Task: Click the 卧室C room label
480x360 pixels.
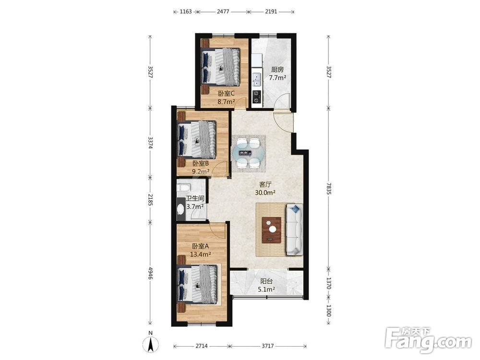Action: (226, 93)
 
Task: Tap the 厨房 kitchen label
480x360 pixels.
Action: (277, 70)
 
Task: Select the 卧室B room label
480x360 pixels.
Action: (201, 164)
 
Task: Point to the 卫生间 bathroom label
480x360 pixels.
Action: (195, 199)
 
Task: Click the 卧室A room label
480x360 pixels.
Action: (201, 246)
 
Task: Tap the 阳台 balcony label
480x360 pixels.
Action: (266, 281)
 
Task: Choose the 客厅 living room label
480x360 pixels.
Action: (265, 184)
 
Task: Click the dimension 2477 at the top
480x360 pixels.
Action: (223, 12)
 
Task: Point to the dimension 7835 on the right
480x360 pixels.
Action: (328, 188)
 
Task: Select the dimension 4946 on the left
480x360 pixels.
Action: (150, 273)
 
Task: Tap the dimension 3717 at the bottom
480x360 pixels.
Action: (267, 346)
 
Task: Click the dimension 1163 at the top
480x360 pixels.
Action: (185, 12)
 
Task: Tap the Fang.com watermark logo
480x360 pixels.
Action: (428, 340)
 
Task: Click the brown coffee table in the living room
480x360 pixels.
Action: (272, 230)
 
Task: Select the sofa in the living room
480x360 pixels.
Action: (294, 229)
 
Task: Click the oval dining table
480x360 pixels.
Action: (248, 153)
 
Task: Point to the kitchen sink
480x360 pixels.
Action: (257, 80)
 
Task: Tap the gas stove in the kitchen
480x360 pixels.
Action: (257, 97)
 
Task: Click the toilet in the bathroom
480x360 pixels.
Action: (184, 187)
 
